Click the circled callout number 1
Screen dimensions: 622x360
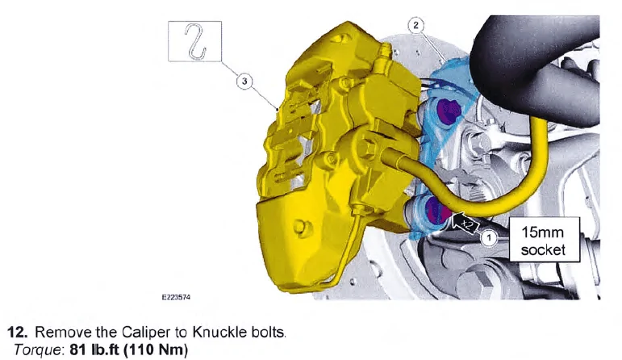click(489, 238)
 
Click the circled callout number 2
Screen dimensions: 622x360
click(415, 25)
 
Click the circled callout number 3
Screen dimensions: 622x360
click(244, 82)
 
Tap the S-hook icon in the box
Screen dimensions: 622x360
click(195, 42)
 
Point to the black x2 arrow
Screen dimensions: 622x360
click(464, 224)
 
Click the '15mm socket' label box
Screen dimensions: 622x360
click(545, 240)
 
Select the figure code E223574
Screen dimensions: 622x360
click(176, 297)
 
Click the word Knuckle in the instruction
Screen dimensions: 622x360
click(220, 332)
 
